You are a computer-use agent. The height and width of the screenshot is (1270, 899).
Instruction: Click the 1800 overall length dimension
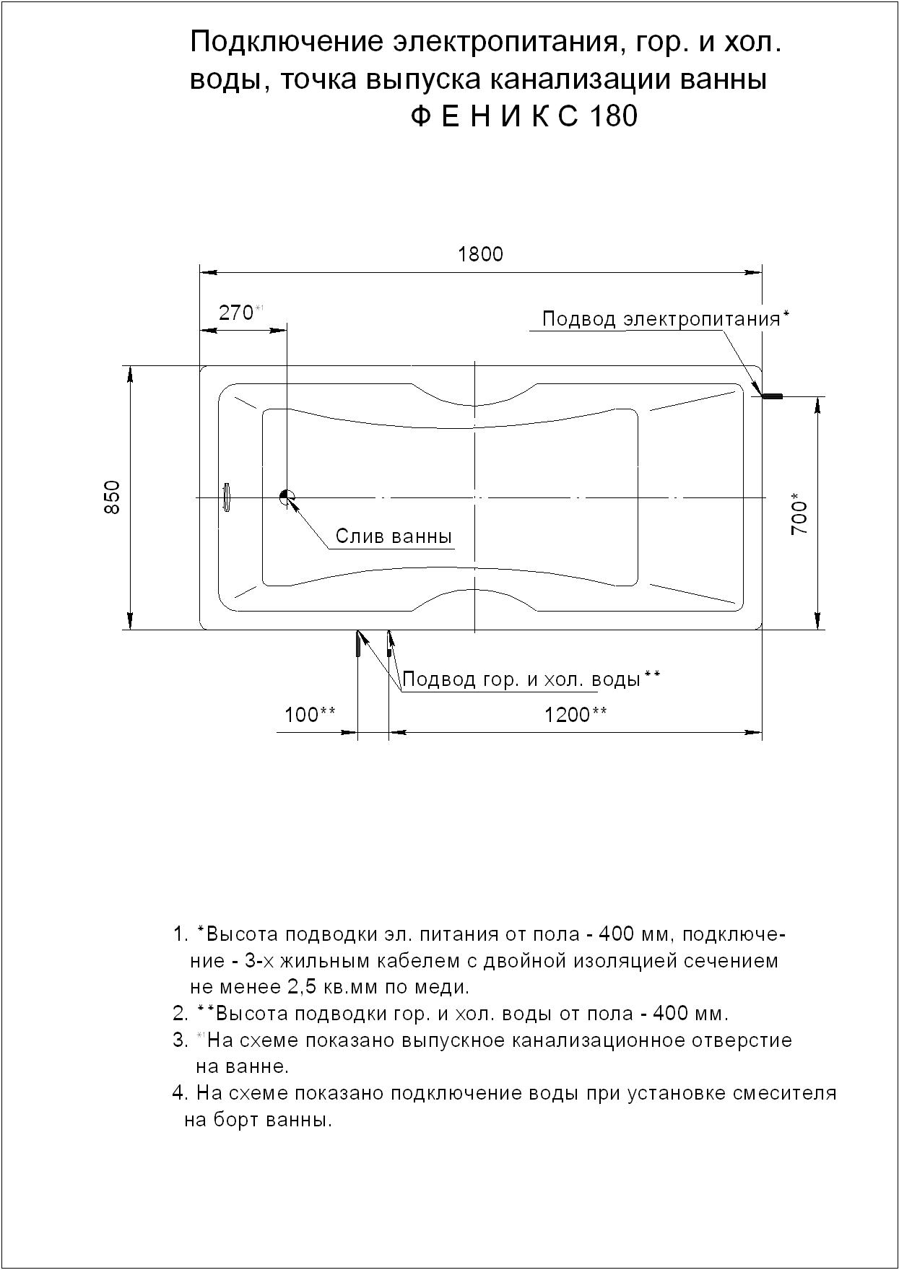[x=480, y=254]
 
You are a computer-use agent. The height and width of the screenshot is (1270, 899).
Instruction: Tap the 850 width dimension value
[x=113, y=497]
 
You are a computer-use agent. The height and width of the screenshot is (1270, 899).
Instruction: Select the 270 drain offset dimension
[x=236, y=313]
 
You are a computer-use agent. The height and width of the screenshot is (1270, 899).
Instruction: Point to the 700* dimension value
[x=800, y=513]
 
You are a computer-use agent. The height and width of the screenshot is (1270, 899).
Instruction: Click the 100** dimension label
[x=310, y=715]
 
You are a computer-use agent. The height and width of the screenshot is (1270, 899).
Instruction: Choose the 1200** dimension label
[x=576, y=715]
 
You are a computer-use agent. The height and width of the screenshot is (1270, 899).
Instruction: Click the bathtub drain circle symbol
[x=286, y=496]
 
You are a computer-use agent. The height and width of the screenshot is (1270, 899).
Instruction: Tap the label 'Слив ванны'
[x=394, y=536]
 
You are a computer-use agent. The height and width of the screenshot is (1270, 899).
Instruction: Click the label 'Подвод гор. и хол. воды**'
[x=531, y=679]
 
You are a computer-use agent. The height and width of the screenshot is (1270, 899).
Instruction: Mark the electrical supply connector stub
[x=773, y=396]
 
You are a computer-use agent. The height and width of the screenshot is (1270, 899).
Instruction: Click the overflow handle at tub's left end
[x=226, y=497]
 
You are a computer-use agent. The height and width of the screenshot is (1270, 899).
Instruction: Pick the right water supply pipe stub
[x=389, y=645]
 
